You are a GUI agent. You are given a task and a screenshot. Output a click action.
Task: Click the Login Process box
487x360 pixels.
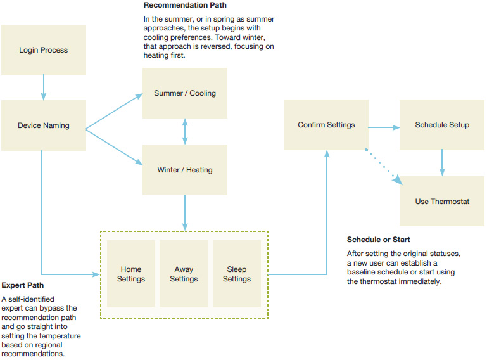tap(43, 50)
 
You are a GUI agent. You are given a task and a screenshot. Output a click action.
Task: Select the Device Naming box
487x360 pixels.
tap(43, 125)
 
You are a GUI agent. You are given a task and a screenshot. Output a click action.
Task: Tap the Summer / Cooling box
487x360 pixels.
tap(185, 93)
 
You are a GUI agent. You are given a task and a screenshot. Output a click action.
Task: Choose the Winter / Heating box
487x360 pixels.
tap(185, 170)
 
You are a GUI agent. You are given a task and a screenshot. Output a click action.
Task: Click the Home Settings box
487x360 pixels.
tap(132, 274)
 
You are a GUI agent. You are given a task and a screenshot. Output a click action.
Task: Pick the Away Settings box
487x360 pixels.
tap(184, 274)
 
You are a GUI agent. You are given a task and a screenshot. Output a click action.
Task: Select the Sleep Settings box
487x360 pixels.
tap(237, 274)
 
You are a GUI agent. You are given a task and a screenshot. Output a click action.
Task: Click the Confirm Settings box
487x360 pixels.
tap(326, 125)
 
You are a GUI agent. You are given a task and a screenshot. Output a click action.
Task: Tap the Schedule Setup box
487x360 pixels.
tap(442, 125)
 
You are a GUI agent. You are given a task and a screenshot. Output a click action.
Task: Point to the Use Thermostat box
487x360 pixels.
tap(442, 202)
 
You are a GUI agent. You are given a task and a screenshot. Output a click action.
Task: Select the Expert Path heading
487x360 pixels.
tap(23, 285)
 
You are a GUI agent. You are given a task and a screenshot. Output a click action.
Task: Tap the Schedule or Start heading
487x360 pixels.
tap(379, 240)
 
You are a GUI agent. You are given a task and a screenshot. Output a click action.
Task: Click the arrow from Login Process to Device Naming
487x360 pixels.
tap(43, 87)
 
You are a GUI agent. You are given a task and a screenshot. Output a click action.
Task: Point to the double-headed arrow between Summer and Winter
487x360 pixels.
tap(185, 131)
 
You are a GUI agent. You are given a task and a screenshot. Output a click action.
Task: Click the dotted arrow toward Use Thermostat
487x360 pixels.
tap(383, 166)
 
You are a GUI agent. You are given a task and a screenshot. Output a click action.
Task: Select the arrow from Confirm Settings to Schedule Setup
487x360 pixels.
tap(384, 127)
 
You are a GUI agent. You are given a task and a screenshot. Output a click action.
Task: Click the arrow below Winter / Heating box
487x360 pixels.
tap(185, 212)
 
